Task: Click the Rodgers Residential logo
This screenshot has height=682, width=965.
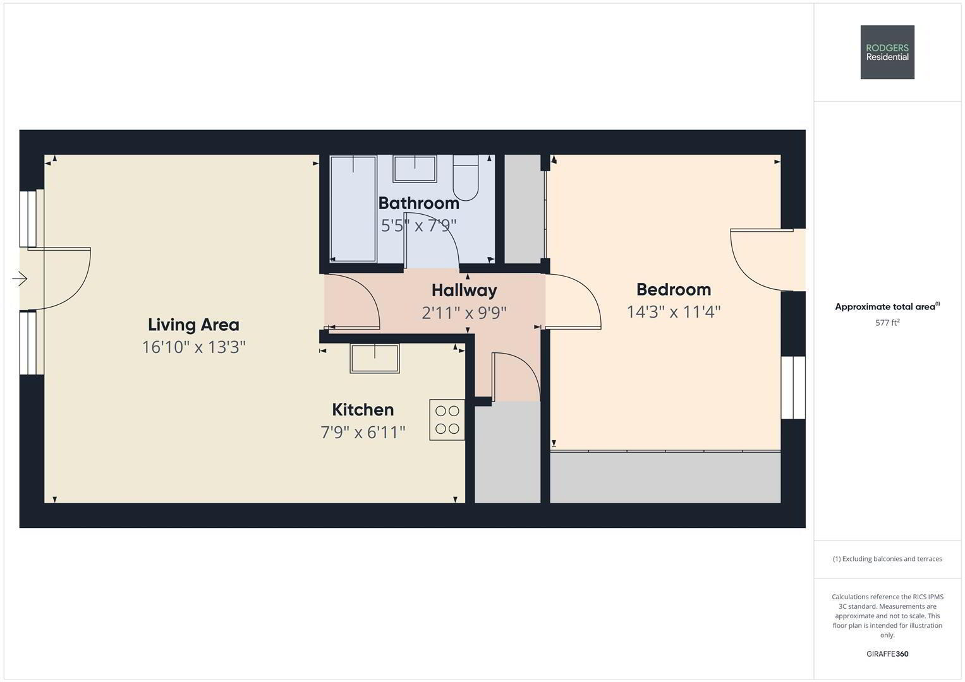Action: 887,52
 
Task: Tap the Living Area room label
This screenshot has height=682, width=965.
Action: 193,325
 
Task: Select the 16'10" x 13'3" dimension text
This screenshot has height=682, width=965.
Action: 194,347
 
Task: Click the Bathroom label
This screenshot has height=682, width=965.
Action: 419,203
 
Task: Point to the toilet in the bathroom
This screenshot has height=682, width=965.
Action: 466,177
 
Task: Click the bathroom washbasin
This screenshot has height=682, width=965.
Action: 415,169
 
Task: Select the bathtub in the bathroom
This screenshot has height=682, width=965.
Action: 353,208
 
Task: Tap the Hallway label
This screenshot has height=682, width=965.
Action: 464,290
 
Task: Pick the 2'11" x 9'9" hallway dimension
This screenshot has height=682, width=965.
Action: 464,313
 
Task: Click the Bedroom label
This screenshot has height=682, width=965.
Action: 674,289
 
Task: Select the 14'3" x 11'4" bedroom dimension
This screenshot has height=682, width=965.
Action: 674,312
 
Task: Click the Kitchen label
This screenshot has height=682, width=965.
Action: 363,409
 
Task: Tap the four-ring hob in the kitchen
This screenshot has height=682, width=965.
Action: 447,420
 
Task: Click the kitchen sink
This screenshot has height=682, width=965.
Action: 375,358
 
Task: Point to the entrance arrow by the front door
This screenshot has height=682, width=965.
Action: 20,278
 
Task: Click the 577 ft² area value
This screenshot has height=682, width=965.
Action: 887,323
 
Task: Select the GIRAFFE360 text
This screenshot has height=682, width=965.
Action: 887,654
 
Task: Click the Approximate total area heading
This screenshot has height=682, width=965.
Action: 887,306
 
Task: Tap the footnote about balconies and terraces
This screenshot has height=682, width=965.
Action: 887,559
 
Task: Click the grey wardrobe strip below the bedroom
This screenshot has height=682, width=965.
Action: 665,477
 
